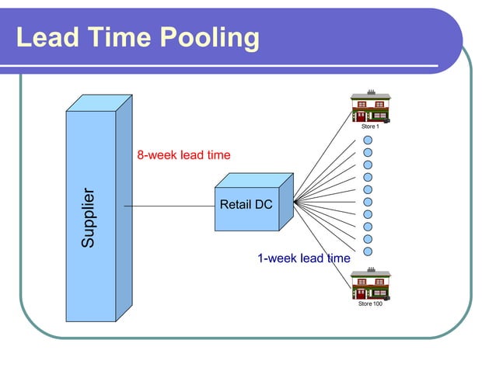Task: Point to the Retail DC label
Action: point(246,205)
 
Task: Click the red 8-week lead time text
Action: point(183,155)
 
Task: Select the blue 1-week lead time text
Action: point(303,258)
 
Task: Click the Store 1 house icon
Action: point(370,107)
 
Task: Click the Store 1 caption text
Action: point(370,126)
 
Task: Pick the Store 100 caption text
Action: point(370,303)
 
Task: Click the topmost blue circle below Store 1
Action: point(369,140)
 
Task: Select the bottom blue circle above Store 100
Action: point(369,251)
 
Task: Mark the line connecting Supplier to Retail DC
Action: point(168,206)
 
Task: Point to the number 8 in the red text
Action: point(141,155)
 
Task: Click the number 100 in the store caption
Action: point(376,303)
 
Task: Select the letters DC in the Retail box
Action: point(263,205)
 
